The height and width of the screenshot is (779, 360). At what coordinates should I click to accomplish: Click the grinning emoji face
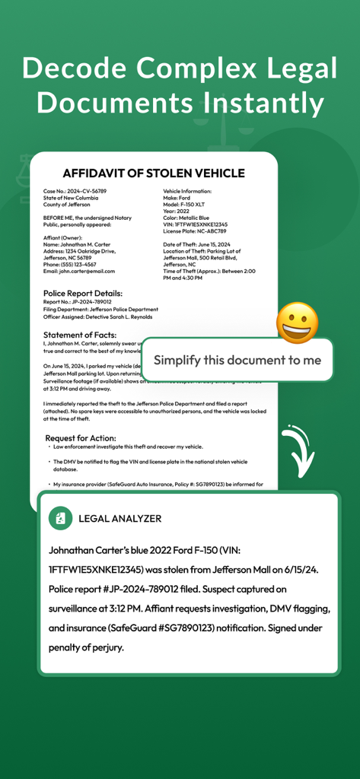(x=297, y=323)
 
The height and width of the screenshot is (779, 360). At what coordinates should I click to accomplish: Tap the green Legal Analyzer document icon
(x=60, y=518)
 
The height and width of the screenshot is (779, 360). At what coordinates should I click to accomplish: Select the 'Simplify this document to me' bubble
(x=237, y=360)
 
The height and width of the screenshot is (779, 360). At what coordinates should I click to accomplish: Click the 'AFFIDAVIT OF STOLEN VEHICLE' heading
(x=154, y=173)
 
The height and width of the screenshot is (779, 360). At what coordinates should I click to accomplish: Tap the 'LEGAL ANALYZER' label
(x=120, y=519)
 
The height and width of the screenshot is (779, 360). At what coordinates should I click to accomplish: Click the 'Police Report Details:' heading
(x=83, y=293)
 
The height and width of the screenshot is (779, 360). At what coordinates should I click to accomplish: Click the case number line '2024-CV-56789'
(x=75, y=191)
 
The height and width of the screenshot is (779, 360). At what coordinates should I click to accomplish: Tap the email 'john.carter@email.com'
(x=79, y=271)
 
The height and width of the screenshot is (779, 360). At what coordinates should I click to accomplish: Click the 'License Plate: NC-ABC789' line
(x=195, y=231)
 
